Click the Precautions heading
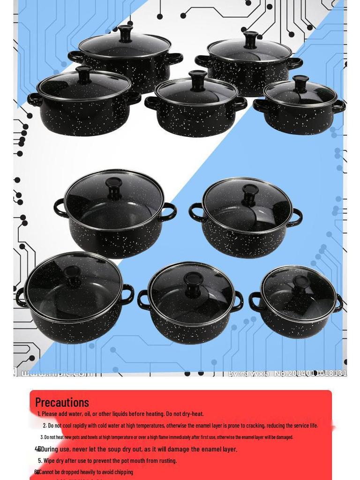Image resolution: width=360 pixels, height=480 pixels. tap(62, 402)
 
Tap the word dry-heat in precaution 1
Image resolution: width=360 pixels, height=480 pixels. tap(193, 414)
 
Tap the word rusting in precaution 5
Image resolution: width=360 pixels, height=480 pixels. tap(166, 460)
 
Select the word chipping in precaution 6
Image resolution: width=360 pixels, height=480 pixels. tap(123, 472)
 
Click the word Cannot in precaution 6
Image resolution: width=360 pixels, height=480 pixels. tap(46, 472)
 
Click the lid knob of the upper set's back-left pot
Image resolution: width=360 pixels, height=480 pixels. tap(125, 33)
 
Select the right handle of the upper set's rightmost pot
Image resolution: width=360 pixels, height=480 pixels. tap(339, 106)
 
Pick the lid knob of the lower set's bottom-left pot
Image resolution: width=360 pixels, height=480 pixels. tap(72, 275)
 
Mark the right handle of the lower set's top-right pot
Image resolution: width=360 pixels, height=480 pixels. tap(296, 217)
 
